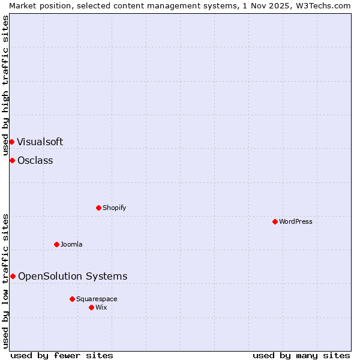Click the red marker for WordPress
coord(275,221)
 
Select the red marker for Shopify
coord(98,208)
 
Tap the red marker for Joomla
coord(56,244)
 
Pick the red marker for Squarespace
coord(72,299)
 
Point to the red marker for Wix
coord(91,307)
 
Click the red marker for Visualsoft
coord(11,142)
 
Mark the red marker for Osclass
coord(12,160)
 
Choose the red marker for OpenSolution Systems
coord(13,276)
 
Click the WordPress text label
coord(296,221)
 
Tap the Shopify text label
coord(114,208)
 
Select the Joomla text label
coord(71,244)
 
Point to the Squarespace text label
coord(97,299)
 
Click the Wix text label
coord(101,307)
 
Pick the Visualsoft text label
coord(40,142)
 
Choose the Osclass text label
coord(35,160)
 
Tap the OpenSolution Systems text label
coord(73,276)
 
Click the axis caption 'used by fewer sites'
coord(62,355)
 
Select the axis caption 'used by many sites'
coord(301,355)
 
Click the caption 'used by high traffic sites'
coord(5,85)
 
